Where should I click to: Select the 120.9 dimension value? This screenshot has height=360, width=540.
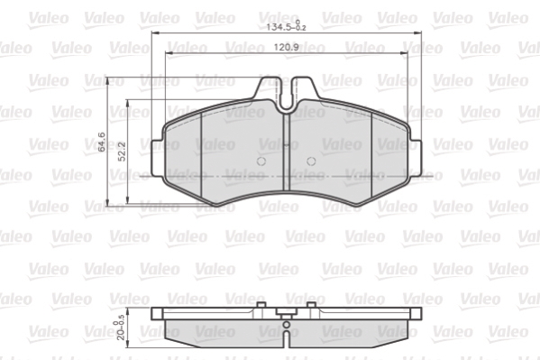click(x=286, y=47)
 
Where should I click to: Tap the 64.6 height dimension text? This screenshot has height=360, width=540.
click(x=102, y=142)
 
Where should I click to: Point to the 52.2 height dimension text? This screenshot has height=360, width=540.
click(x=123, y=152)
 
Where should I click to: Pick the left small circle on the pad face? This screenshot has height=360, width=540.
click(x=261, y=161)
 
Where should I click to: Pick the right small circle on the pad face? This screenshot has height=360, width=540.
click(x=311, y=161)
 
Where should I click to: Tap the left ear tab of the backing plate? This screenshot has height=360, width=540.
click(x=157, y=158)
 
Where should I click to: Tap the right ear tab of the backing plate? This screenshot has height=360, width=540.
click(x=416, y=158)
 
